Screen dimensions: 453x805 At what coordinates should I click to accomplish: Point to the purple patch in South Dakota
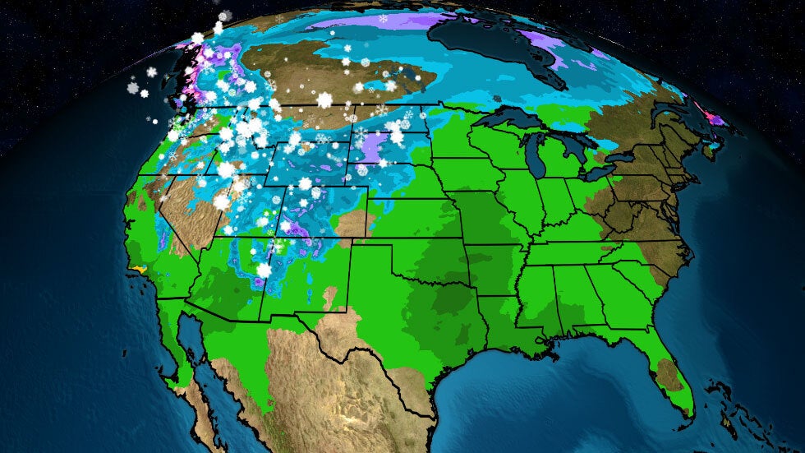(x=375, y=148)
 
